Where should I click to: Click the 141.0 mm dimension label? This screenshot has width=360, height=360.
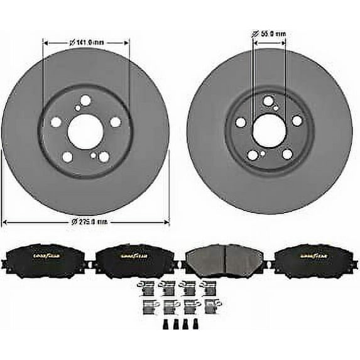coord(86,42)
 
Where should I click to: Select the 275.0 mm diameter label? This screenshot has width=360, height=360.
coord(87,222)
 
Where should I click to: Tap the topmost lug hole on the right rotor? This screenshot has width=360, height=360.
coord(269,100)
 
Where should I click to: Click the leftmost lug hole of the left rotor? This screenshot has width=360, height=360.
coord(55,123)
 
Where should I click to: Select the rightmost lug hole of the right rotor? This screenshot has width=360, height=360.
coord(297,120)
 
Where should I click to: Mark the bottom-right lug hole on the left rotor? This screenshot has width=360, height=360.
coord(104,157)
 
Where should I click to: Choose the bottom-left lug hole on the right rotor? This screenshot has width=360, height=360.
coord(253,155)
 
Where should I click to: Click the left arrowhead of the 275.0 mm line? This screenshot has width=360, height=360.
coord(5,222)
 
